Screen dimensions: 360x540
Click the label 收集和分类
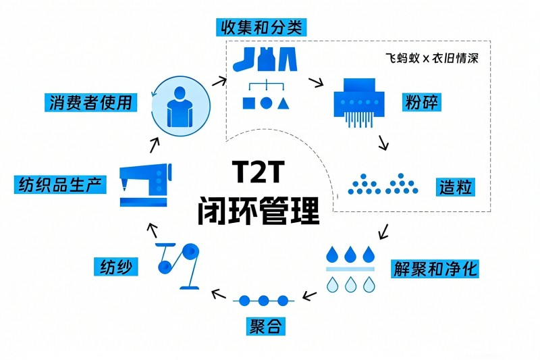pyautogui.click(x=262, y=27)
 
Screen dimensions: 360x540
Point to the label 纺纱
pyautogui.click(x=116, y=266)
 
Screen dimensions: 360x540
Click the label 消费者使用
pyautogui.click(x=90, y=103)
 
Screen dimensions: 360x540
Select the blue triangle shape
pyautogui.click(x=283, y=103)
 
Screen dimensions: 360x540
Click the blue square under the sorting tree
pyautogui.click(x=248, y=104)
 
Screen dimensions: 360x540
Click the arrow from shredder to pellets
pyautogui.click(x=383, y=143)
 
